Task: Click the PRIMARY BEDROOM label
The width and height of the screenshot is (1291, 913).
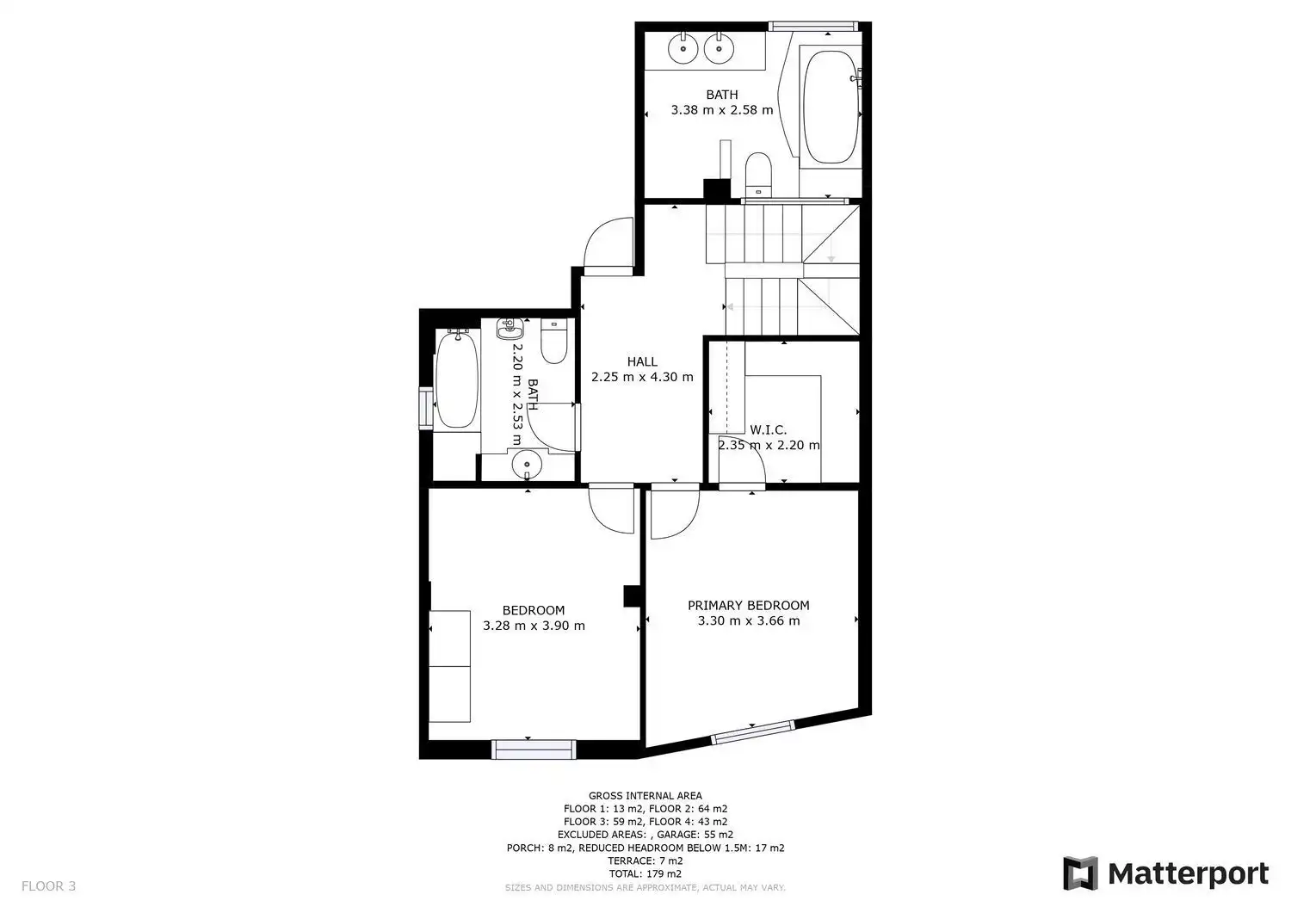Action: point(748,605)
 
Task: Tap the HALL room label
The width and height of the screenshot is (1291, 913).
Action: point(642,361)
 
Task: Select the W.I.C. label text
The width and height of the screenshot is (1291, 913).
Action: point(769,429)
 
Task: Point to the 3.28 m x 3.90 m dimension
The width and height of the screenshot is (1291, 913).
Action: point(534,626)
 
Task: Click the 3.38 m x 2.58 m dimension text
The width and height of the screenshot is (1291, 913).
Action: point(721,109)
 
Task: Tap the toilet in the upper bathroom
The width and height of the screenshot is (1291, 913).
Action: point(758,174)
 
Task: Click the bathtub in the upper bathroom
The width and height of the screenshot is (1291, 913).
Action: point(830,108)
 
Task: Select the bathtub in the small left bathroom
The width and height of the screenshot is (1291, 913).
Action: point(457,379)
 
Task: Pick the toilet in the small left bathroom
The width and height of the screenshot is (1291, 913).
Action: point(554,342)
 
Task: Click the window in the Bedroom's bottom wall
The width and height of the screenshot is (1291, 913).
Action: point(534,749)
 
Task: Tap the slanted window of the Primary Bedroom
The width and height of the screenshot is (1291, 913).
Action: point(752,731)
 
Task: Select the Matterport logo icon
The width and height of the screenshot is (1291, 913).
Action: point(1080,873)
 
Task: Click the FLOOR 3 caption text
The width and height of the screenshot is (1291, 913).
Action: point(48,886)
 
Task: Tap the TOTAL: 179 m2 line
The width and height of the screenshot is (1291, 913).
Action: point(645,873)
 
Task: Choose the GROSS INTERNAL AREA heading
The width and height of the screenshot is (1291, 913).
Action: point(645,796)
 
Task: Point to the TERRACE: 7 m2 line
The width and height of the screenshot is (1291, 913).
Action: point(645,861)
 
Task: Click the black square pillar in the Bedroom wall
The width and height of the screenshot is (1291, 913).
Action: point(632,596)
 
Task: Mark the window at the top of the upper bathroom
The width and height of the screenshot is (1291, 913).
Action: point(812,26)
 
